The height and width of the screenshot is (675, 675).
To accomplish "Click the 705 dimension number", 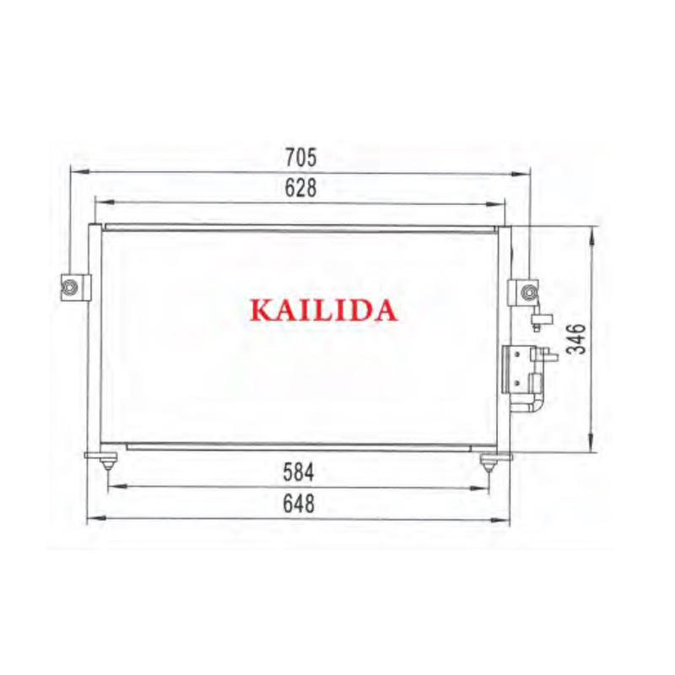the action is click(x=300, y=157).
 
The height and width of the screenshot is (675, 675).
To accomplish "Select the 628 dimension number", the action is click(x=300, y=187).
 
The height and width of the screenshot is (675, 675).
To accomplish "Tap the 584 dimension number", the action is click(x=299, y=472).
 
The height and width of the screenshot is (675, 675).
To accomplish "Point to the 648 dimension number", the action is click(x=299, y=503).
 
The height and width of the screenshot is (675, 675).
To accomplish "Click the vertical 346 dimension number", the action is click(x=576, y=339).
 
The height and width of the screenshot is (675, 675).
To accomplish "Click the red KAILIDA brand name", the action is click(x=323, y=310).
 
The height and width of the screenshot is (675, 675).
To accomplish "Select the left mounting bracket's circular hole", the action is click(x=70, y=286).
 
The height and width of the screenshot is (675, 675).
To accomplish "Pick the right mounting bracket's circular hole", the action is click(x=528, y=293).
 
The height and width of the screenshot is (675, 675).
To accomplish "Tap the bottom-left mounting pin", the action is click(x=107, y=462).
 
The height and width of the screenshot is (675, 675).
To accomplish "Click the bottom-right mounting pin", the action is click(x=488, y=463).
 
